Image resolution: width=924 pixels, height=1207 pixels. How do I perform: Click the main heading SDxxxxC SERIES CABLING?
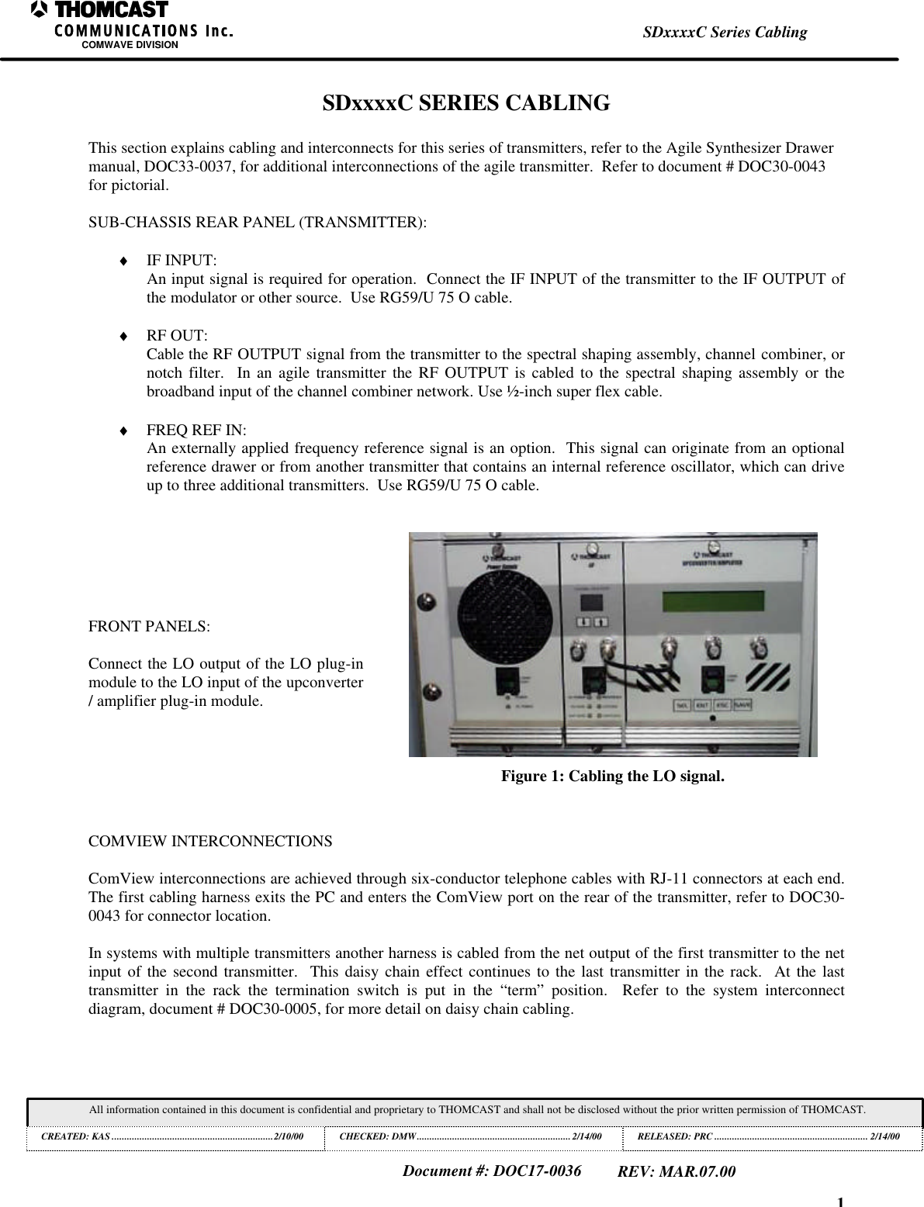point(465,102)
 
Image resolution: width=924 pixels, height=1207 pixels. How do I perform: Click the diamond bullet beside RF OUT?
point(123,336)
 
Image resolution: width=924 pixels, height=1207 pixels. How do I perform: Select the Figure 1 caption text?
point(612,776)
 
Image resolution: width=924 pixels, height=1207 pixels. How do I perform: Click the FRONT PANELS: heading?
point(148,626)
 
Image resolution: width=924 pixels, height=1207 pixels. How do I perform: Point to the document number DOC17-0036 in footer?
point(492,1171)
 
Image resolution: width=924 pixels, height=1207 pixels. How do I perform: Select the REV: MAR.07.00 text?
point(677,1171)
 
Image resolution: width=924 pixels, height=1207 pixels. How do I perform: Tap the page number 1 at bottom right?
point(840,1202)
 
